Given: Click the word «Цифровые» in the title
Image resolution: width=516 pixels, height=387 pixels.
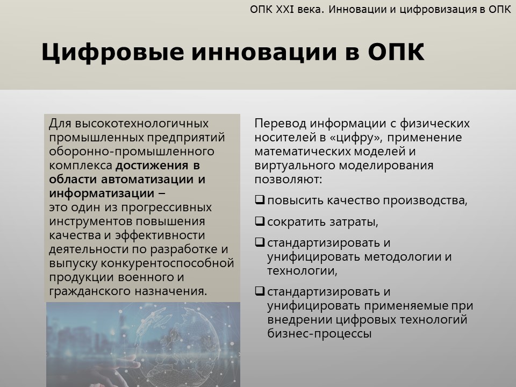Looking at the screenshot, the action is pos(112,53).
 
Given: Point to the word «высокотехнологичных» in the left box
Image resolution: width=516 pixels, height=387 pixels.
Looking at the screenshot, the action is pos(142,124).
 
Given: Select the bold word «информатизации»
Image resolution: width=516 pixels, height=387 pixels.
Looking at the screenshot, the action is pos(102,193).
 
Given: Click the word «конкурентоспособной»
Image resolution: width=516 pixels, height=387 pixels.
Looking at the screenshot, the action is pos(167,263).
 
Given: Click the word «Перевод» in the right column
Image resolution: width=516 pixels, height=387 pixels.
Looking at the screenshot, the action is pos(280,124).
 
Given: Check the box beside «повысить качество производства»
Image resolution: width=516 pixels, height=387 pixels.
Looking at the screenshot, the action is pos(260,200).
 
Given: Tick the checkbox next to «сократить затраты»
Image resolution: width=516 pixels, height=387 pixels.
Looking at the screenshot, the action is pos(260,221).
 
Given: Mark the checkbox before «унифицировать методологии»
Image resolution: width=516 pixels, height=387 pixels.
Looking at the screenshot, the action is pos(260,242).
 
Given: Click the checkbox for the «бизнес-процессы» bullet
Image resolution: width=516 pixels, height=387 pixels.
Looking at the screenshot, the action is pos(260,291).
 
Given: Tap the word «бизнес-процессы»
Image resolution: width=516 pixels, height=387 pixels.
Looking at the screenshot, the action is pos(319,334).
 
